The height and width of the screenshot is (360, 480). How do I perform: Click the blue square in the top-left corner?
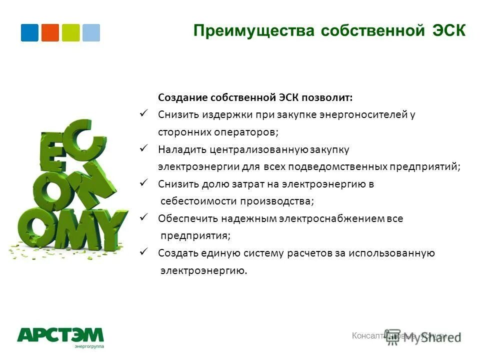point(29,32)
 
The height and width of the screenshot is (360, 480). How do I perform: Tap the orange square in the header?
point(50,32)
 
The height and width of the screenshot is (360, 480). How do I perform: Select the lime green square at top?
point(70,32)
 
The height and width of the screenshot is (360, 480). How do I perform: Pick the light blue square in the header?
point(91,32)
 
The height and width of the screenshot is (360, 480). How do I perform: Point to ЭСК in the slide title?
point(448,31)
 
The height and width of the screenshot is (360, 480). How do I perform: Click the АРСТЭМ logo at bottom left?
point(60,336)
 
